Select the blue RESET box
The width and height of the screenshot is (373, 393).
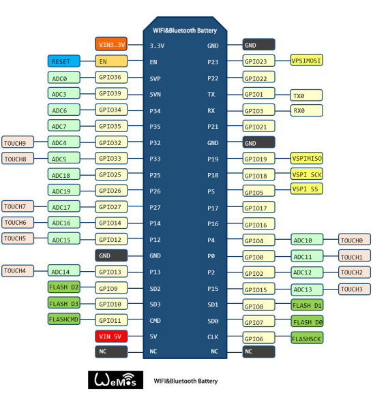[64, 61]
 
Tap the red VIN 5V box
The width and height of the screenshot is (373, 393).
[111, 336]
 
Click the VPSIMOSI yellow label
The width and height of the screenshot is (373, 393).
[306, 60]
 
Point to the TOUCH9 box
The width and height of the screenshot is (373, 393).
[18, 142]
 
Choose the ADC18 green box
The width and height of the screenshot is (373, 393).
[64, 174]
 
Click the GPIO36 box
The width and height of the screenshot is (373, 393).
[111, 78]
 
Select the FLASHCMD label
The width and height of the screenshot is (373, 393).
[64, 319]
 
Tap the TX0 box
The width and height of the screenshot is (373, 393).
[306, 95]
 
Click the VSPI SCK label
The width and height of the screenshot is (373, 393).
[306, 174]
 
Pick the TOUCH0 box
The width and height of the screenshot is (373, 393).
[355, 240]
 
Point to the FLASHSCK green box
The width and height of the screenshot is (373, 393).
[307, 338]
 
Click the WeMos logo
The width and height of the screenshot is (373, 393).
[115, 380]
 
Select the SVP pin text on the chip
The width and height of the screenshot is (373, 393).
[155, 79]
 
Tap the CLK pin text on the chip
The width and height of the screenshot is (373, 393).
[213, 337]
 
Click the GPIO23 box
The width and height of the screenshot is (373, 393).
[259, 61]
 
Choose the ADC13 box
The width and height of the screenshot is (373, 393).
[307, 289]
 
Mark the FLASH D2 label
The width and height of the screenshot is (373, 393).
[64, 287]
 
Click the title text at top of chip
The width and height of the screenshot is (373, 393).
[185, 31]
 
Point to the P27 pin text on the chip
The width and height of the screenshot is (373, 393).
[155, 208]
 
